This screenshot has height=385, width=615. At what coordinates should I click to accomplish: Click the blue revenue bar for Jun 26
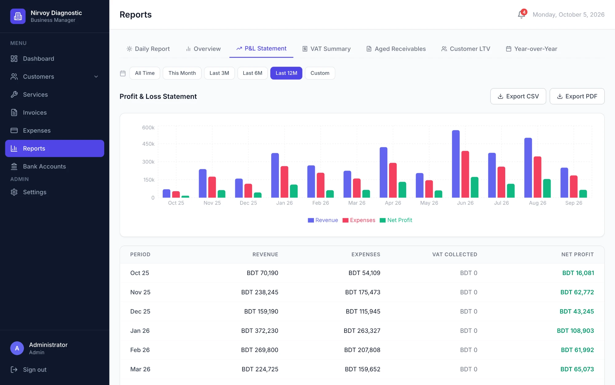[x=456, y=164]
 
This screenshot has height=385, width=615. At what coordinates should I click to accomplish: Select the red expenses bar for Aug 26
[x=538, y=177]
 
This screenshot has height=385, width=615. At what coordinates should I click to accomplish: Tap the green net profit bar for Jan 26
[x=294, y=191]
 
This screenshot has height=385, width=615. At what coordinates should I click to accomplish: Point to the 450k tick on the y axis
[x=148, y=144]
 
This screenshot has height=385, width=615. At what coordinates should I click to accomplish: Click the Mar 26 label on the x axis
[x=357, y=203]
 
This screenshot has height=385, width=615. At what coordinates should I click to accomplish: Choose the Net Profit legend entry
[x=396, y=220]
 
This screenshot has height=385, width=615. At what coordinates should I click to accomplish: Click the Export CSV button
[x=518, y=96]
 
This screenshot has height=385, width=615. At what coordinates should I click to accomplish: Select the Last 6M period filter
[x=252, y=73]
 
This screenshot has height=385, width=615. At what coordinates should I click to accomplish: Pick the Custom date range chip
[x=320, y=73]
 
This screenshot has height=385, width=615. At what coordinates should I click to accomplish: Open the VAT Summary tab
[x=327, y=49]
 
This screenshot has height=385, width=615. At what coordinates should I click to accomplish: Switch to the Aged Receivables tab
[x=396, y=49]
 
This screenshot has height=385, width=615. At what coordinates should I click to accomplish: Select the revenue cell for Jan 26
[x=260, y=331]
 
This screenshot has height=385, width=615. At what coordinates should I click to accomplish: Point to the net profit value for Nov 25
[x=577, y=292]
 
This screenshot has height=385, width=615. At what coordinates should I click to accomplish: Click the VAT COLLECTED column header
[x=454, y=254]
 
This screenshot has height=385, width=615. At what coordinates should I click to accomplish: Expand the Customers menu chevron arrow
[x=96, y=77]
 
